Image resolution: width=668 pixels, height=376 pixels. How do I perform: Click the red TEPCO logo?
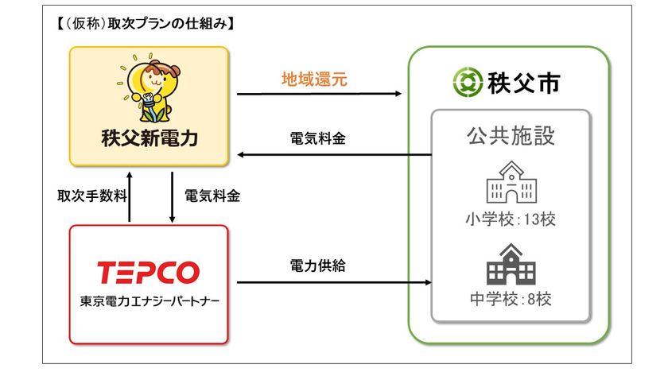pyautogui.click(x=148, y=273)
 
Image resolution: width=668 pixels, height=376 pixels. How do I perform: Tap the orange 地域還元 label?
pyautogui.click(x=314, y=79)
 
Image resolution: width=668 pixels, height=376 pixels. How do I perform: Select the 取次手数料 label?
pyautogui.click(x=92, y=196)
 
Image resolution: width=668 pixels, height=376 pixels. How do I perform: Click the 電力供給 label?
pyautogui.click(x=317, y=266)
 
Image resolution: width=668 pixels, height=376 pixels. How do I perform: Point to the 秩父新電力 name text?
pyautogui.click(x=150, y=138)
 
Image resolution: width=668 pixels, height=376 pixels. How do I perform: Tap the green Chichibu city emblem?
pyautogui.click(x=468, y=82)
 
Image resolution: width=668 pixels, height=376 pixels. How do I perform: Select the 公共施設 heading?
pyautogui.click(x=511, y=136)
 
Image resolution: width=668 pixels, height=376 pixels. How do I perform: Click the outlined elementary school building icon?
pyautogui.click(x=511, y=182)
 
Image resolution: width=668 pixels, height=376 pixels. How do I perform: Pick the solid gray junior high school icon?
pyautogui.click(x=511, y=264)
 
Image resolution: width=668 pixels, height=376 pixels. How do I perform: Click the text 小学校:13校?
pyautogui.click(x=511, y=219)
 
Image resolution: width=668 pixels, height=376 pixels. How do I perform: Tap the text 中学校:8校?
pyautogui.click(x=511, y=299)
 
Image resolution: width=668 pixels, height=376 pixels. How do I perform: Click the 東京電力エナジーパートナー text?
pyautogui.click(x=150, y=301)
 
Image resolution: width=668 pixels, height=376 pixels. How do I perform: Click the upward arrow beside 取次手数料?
pyautogui.click(x=130, y=196)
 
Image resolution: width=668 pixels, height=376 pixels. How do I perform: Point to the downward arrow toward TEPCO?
pyautogui.click(x=172, y=197)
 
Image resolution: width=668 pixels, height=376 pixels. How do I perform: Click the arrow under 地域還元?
pyautogui.click(x=319, y=94)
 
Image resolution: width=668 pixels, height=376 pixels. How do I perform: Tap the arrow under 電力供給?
pyautogui.click(x=334, y=282)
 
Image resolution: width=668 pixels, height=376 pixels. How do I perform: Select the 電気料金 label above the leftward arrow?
pyautogui.click(x=317, y=138)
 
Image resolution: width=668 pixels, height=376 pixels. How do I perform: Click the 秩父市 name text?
pyautogui.click(x=523, y=83)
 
